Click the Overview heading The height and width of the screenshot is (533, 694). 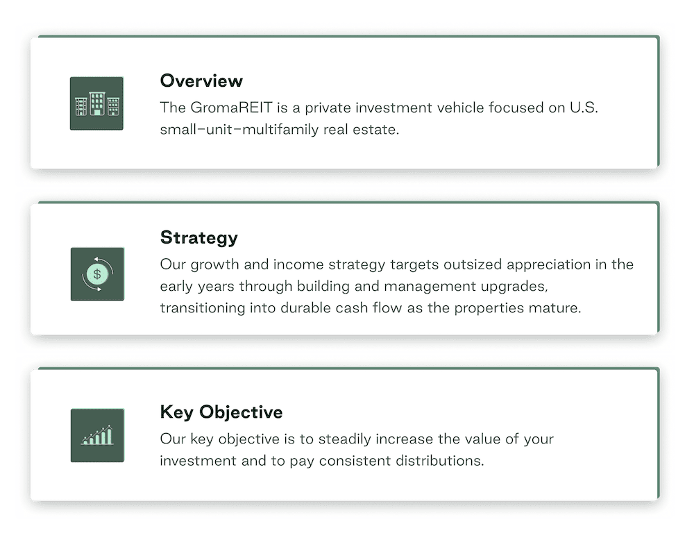click(201, 81)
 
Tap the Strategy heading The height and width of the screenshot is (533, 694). click(198, 238)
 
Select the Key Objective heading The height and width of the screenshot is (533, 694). click(221, 412)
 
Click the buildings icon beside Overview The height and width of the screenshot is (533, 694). click(96, 103)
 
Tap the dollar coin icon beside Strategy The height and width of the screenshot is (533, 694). click(97, 274)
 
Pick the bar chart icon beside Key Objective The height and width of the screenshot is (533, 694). click(97, 436)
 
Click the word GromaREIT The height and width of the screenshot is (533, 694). click(232, 108)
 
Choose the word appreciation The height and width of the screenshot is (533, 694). click(549, 264)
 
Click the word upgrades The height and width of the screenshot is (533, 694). click(514, 287)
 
